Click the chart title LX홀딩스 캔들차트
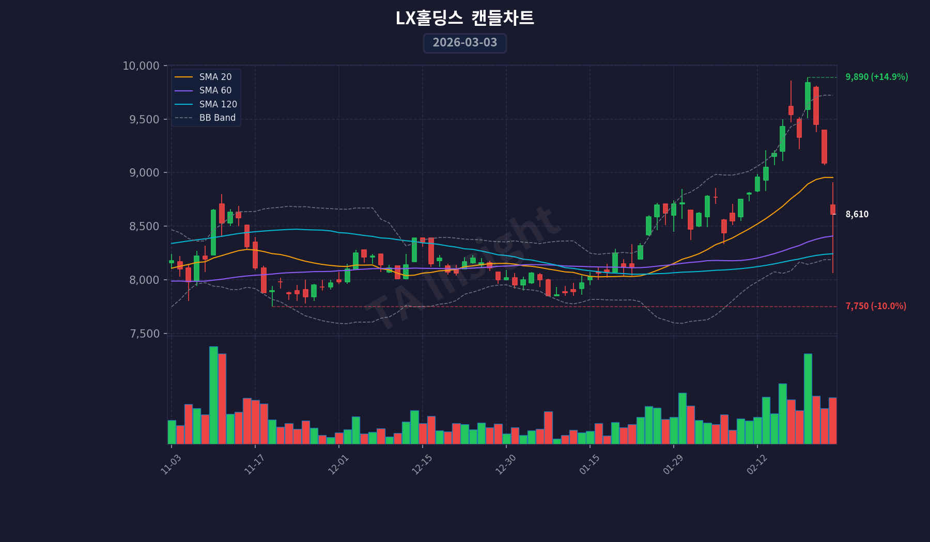pyautogui.click(x=464, y=19)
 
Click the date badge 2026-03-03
pyautogui.click(x=464, y=43)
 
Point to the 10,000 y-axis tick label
pyautogui.click(x=141, y=66)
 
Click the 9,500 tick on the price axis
pyautogui.click(x=144, y=120)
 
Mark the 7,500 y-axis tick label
pyautogui.click(x=144, y=334)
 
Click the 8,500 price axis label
pyautogui.click(x=144, y=227)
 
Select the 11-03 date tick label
pyautogui.click(x=171, y=464)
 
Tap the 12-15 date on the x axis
pyautogui.click(x=422, y=464)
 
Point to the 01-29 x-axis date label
pyautogui.click(x=673, y=464)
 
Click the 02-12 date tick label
pyautogui.click(x=757, y=464)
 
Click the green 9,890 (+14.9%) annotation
pyautogui.click(x=876, y=77)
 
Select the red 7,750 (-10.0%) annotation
pyautogui.click(x=875, y=306)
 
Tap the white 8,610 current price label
pyautogui.click(x=857, y=214)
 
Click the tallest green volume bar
pyautogui.click(x=213, y=395)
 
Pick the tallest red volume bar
pyautogui.click(x=222, y=398)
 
